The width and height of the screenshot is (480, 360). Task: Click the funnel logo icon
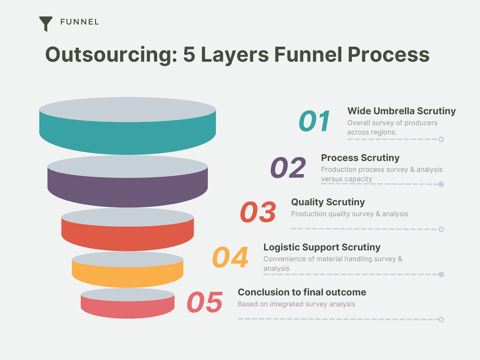click(x=46, y=23)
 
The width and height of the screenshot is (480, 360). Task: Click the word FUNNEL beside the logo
click(x=79, y=22)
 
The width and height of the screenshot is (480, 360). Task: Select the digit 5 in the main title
click(x=189, y=54)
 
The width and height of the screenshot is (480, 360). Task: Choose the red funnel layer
click(x=128, y=237)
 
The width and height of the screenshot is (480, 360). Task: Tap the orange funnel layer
click(x=128, y=276)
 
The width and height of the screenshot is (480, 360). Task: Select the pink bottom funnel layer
click(x=128, y=308)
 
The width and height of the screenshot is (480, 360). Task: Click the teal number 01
click(x=314, y=121)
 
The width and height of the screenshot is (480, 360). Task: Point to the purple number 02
click(x=288, y=168)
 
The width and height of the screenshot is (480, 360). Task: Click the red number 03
click(x=258, y=212)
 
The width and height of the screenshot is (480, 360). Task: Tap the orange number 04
click(x=230, y=257)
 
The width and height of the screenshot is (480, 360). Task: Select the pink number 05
click(x=205, y=302)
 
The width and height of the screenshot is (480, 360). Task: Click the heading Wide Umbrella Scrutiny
click(x=402, y=111)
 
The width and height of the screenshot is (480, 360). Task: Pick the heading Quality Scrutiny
click(x=328, y=202)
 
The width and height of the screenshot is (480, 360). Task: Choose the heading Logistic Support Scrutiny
click(x=322, y=248)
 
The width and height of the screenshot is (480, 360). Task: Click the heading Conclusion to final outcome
click(x=302, y=292)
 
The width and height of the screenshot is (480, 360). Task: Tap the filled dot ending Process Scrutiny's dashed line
click(x=441, y=184)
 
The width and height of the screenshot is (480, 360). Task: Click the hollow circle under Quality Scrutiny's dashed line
click(x=441, y=230)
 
